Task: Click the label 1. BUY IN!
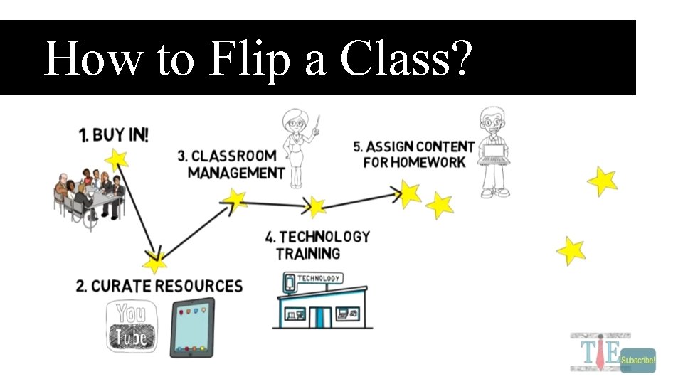pos(114,134)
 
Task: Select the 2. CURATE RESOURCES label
pos(159,286)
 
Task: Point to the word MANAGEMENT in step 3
pos(236,173)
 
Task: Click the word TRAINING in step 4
pos(308,253)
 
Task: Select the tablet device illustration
pos(191,327)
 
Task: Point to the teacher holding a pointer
pos(296,146)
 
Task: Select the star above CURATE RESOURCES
pos(154,262)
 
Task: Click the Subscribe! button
pos(637,361)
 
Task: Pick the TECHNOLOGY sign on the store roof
pos(318,278)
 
